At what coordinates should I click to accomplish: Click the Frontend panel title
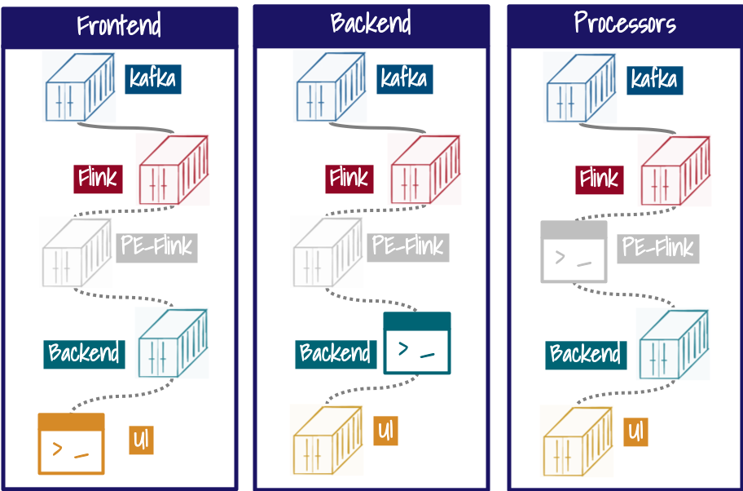pyautogui.click(x=119, y=25)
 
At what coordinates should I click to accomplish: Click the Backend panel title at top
pyautogui.click(x=371, y=23)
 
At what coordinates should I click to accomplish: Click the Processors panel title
pyautogui.click(x=625, y=23)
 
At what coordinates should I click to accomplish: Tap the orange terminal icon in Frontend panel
pyautogui.click(x=72, y=444)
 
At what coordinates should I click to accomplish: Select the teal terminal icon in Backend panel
pyautogui.click(x=417, y=343)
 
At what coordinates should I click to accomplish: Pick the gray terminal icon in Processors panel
pyautogui.click(x=574, y=252)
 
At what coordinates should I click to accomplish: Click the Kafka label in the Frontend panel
pyautogui.click(x=152, y=79)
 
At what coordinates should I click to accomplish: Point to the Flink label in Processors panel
pyautogui.click(x=600, y=178)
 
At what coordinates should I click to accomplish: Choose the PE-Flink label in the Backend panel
pyautogui.click(x=407, y=246)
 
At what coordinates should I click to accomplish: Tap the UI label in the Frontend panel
pyautogui.click(x=141, y=441)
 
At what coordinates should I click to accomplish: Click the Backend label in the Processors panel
pyautogui.click(x=586, y=354)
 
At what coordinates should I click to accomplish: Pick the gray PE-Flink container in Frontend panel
pyautogui.click(x=73, y=252)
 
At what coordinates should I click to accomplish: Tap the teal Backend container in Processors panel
pyautogui.click(x=674, y=343)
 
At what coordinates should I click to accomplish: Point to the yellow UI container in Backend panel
pyautogui.click(x=326, y=440)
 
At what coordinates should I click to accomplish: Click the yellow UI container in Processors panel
pyautogui.click(x=576, y=440)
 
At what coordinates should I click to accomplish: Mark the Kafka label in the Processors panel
pyautogui.click(x=653, y=79)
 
